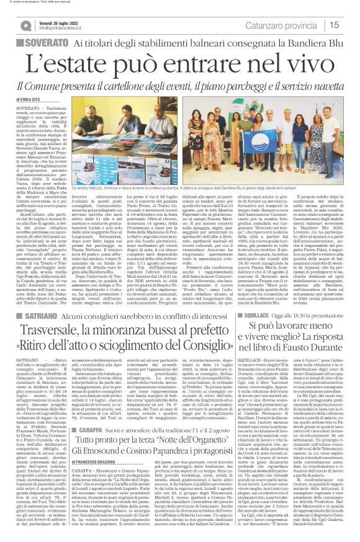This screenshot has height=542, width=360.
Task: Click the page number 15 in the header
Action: click(351, 25)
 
